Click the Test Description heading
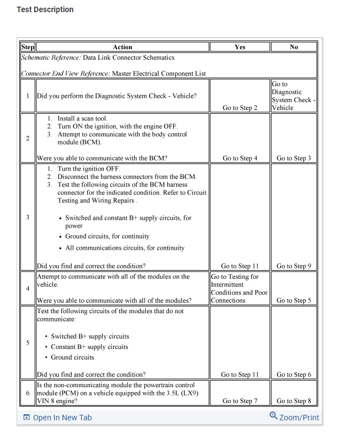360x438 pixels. point(45,9)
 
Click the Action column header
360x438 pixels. point(122,47)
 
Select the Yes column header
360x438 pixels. point(240,47)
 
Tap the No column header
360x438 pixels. point(294,47)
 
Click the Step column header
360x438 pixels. point(28,47)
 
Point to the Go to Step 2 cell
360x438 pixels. point(240,108)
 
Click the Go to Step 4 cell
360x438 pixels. point(240,159)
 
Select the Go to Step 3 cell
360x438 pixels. point(294,159)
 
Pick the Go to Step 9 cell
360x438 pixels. point(294,266)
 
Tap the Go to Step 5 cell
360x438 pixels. point(294,300)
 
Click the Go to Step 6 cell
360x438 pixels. point(294,374)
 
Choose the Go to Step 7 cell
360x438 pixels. point(240,401)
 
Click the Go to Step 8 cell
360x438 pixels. point(294,401)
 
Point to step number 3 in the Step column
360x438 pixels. point(27,217)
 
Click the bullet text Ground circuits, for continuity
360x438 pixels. point(107,236)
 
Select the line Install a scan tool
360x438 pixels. point(82,118)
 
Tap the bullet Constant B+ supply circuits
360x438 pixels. point(89,347)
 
